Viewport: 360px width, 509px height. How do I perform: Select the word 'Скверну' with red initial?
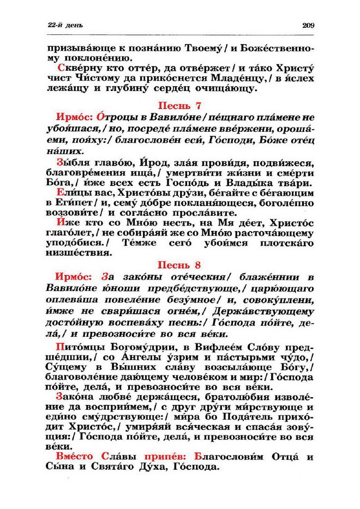(77, 70)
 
